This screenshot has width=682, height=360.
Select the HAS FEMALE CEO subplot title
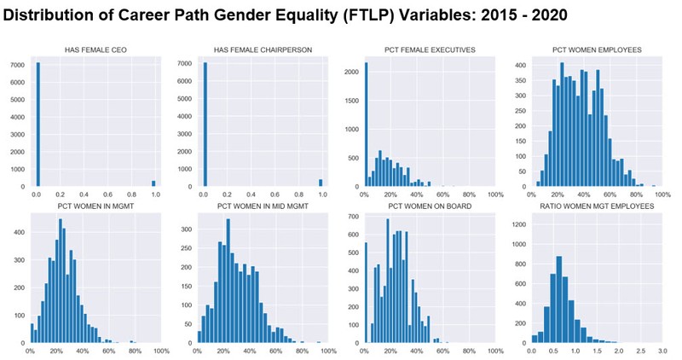95,50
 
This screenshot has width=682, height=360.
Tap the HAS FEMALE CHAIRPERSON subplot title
261,50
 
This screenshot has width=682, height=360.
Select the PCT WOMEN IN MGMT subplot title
95,206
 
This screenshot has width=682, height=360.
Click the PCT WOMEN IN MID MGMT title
261,206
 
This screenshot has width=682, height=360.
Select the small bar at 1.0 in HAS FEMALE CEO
153,183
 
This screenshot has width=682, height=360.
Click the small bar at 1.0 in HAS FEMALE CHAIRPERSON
320,183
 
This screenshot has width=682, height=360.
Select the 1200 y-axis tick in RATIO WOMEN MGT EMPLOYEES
516,225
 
